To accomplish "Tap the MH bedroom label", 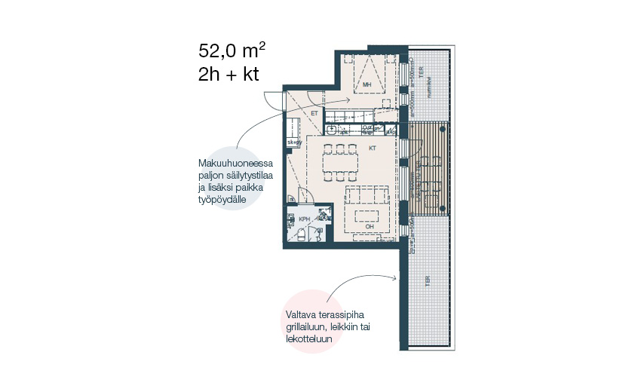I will click(367, 86).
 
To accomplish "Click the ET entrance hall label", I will click(314, 113).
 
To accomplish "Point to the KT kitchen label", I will click(372, 149).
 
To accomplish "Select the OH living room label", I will click(369, 225).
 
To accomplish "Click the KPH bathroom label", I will click(304, 219).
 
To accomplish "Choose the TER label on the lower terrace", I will click(427, 280).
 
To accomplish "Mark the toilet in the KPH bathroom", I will click(299, 236).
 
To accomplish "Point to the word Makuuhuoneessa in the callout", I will click(235, 164).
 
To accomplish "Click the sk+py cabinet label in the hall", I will click(294, 142).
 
